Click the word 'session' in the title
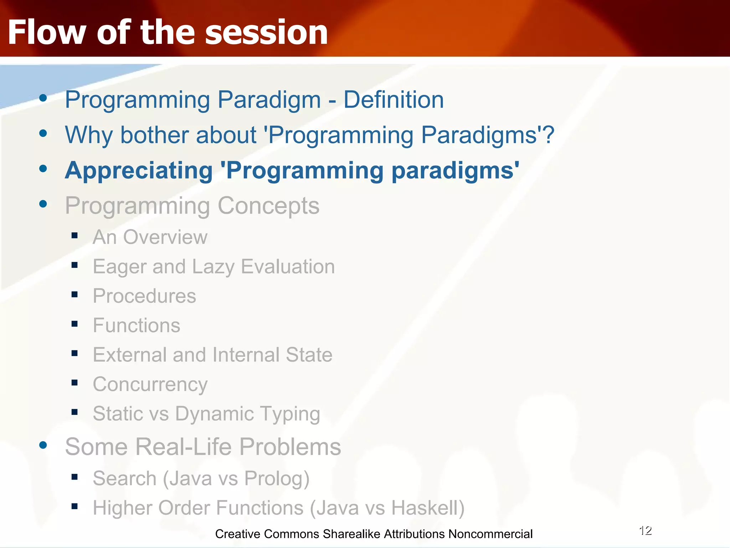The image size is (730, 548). pyautogui.click(x=266, y=32)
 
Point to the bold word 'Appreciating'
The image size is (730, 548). pyautogui.click(x=139, y=171)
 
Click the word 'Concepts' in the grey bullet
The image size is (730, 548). pyautogui.click(x=268, y=206)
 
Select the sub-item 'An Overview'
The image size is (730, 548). pyautogui.click(x=150, y=237)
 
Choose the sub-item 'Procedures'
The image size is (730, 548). pyautogui.click(x=144, y=296)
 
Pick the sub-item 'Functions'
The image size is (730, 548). pyautogui.click(x=137, y=325)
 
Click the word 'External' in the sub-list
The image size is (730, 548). pyautogui.click(x=130, y=355)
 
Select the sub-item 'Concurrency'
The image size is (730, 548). pyautogui.click(x=150, y=385)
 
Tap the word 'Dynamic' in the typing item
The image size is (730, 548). pyautogui.click(x=215, y=414)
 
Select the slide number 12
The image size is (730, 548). pyautogui.click(x=645, y=531)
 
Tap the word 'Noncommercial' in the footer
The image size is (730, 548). pyautogui.click(x=490, y=534)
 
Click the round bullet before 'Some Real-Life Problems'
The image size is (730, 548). pyautogui.click(x=43, y=445)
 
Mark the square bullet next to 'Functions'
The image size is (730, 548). pyautogui.click(x=74, y=324)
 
